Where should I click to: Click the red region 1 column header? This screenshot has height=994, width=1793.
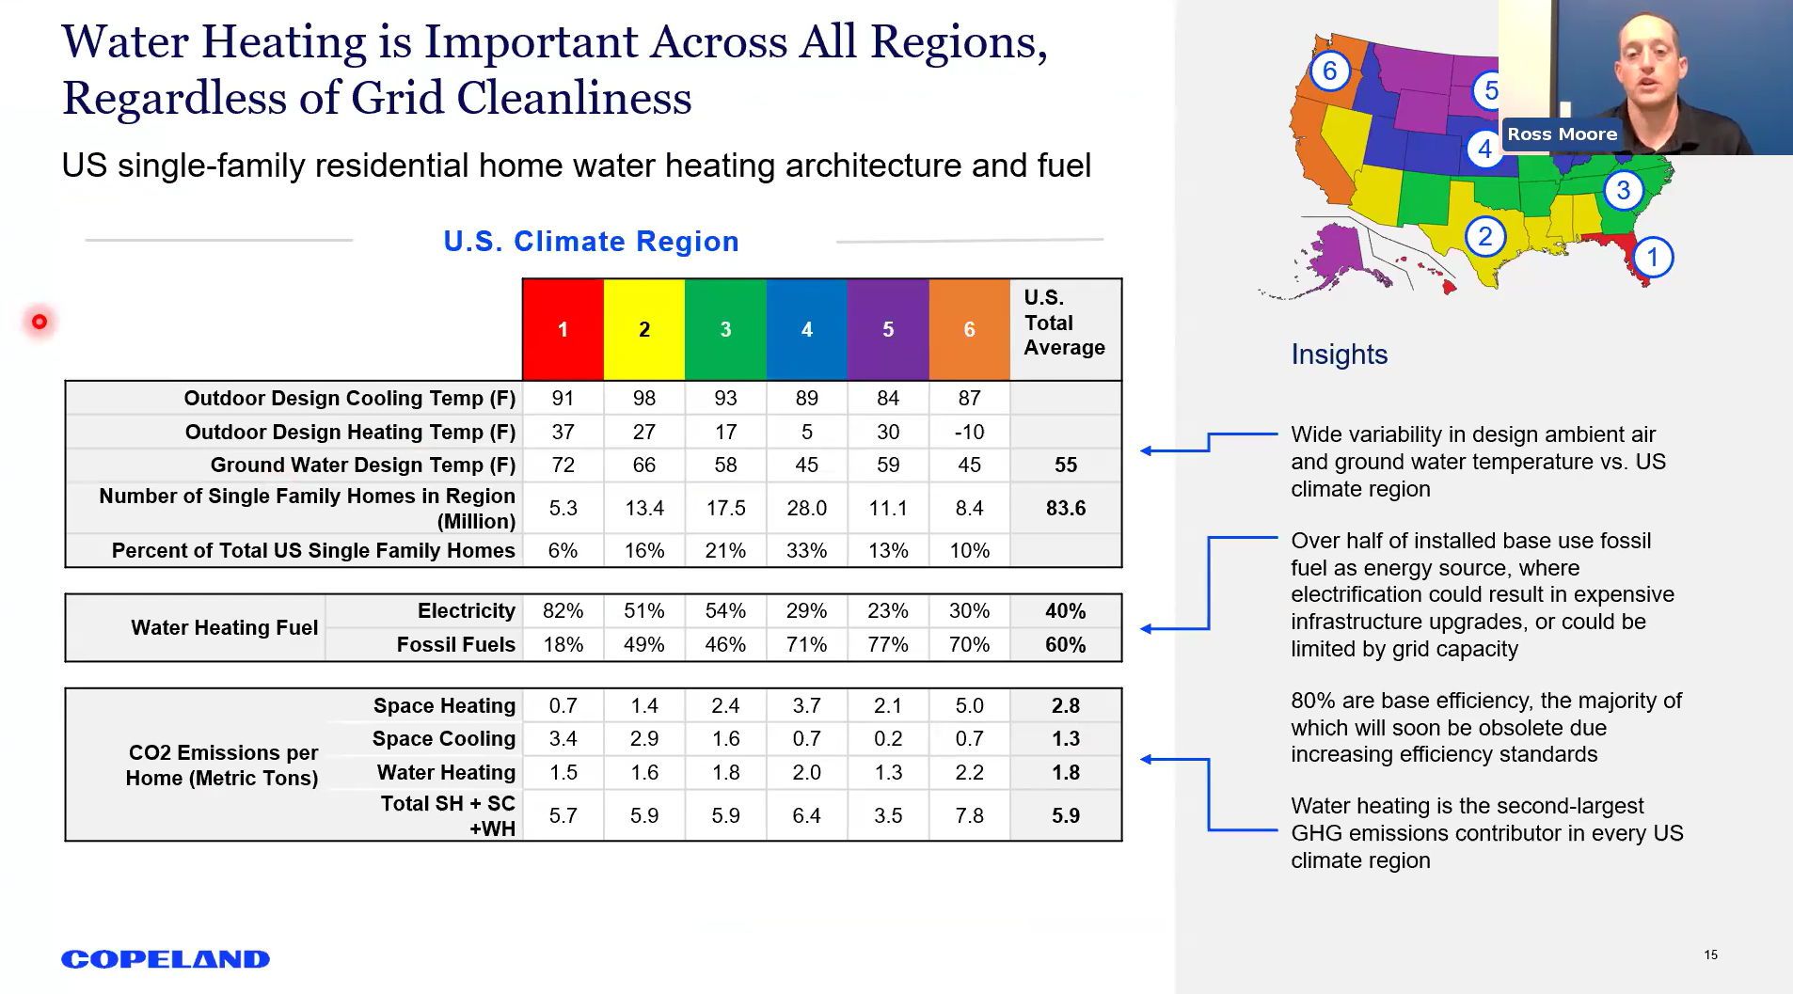(563, 329)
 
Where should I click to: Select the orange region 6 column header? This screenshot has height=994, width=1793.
(969, 329)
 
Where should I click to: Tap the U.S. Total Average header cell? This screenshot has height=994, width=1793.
(1064, 323)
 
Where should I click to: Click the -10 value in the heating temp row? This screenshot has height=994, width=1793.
(969, 432)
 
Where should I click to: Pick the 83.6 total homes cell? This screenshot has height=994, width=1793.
(1065, 508)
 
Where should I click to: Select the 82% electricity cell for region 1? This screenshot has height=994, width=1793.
(563, 611)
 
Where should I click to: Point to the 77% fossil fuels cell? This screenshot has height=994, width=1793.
(887, 645)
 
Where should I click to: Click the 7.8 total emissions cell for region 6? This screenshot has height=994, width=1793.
(969, 815)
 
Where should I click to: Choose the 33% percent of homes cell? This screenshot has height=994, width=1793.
(806, 550)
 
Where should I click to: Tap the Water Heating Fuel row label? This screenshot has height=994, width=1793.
(224, 627)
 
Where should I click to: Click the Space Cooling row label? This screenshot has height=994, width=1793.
(443, 738)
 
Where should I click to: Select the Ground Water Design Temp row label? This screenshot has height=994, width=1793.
(362, 465)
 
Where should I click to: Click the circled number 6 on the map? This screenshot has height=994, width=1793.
(1329, 71)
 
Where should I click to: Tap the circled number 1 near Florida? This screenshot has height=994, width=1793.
(1652, 257)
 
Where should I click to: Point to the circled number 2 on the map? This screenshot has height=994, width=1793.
(1484, 236)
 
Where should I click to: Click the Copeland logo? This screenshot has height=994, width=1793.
(166, 959)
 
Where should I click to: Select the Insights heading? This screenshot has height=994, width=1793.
(1339, 355)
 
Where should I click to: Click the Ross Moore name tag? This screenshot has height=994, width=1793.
(1562, 134)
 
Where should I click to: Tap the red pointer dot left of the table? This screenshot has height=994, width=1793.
(40, 322)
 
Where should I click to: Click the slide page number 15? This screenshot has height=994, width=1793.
(1710, 955)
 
